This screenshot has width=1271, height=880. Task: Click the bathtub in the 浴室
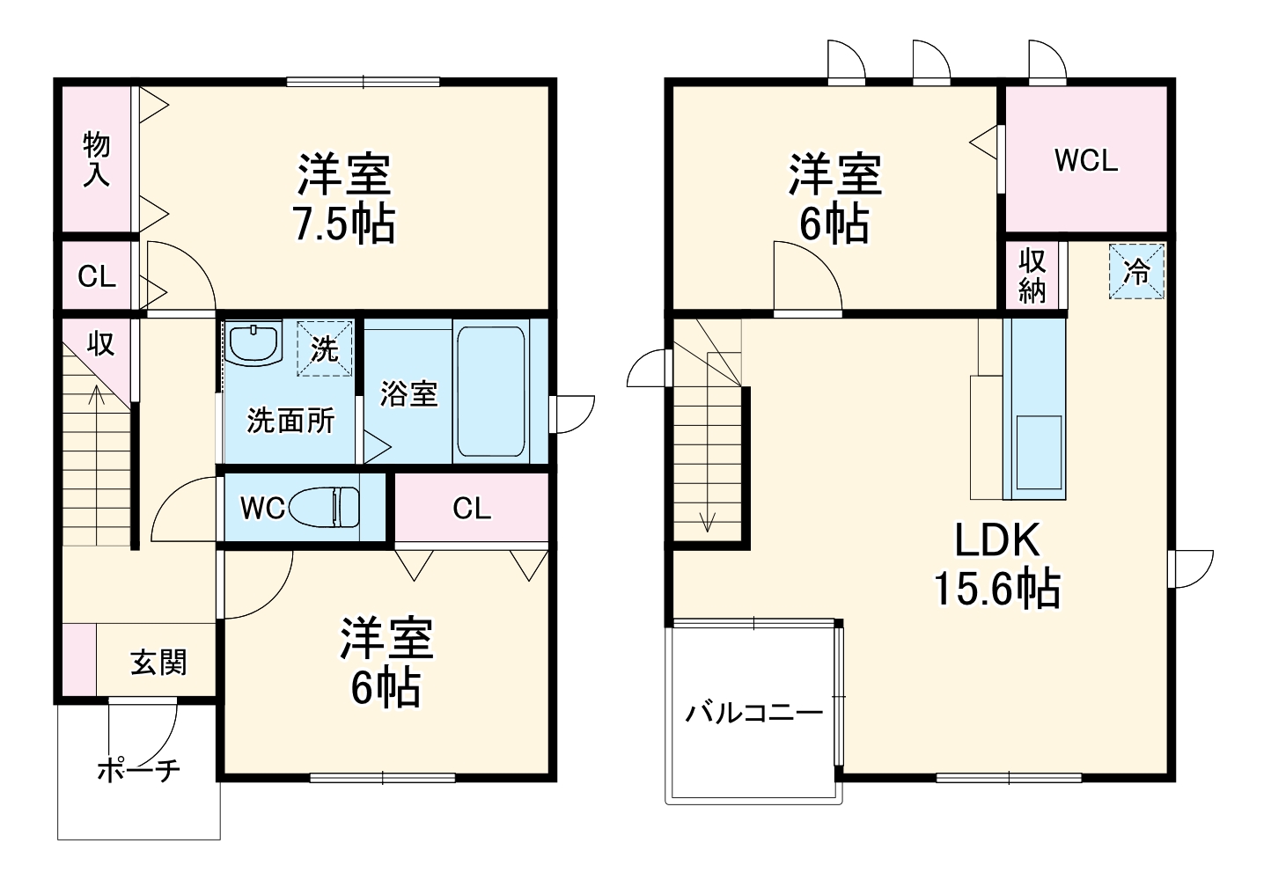point(490,392)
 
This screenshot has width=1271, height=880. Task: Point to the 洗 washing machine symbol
point(325,348)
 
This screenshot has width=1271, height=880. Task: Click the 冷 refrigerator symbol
point(1136,272)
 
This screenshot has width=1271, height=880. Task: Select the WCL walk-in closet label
point(1086,160)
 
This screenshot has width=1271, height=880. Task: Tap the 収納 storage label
point(1032,275)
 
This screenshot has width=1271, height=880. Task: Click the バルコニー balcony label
point(754,711)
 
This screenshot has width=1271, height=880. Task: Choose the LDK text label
point(997,540)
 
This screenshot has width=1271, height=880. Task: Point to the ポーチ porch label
point(138,771)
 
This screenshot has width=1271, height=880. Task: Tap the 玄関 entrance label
point(158,662)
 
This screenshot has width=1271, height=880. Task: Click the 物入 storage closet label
point(97,159)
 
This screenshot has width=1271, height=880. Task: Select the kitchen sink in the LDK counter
point(1039,451)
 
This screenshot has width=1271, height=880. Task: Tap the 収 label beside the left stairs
point(100,343)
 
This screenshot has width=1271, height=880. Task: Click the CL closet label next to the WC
point(471,508)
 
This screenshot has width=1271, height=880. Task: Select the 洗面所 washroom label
point(290,420)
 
